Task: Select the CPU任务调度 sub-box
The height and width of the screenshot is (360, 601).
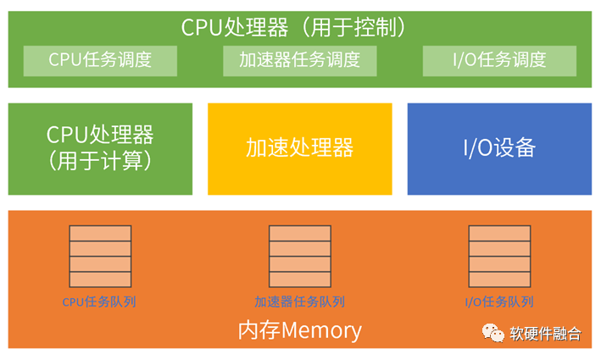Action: [100, 60]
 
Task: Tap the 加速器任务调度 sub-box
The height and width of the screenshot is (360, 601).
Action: [300, 60]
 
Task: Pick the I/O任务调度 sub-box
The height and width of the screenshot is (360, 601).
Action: [499, 60]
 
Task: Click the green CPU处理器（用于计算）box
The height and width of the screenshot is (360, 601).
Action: [100, 149]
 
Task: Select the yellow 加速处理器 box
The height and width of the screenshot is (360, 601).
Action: [300, 149]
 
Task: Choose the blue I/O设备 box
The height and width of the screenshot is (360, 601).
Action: [499, 149]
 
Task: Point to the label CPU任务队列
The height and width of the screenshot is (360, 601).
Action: [100, 302]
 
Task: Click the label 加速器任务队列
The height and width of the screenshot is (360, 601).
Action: [299, 302]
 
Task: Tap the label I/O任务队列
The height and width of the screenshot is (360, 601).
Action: [499, 302]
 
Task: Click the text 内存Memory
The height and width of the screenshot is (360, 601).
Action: [299, 330]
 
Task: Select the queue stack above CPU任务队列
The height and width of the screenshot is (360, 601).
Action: [100, 256]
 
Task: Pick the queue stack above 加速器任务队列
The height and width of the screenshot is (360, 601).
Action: [299, 256]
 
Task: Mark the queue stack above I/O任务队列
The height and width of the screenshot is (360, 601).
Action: [499, 256]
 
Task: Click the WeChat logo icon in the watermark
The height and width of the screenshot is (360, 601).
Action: [492, 333]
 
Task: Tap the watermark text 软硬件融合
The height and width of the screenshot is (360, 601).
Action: [545, 334]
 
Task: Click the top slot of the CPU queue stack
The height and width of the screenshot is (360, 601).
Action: [100, 233]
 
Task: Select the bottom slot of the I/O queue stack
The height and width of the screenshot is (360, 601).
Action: [499, 279]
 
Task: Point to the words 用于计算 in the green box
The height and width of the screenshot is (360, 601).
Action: [100, 161]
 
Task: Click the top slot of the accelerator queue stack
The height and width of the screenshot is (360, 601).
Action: [299, 233]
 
